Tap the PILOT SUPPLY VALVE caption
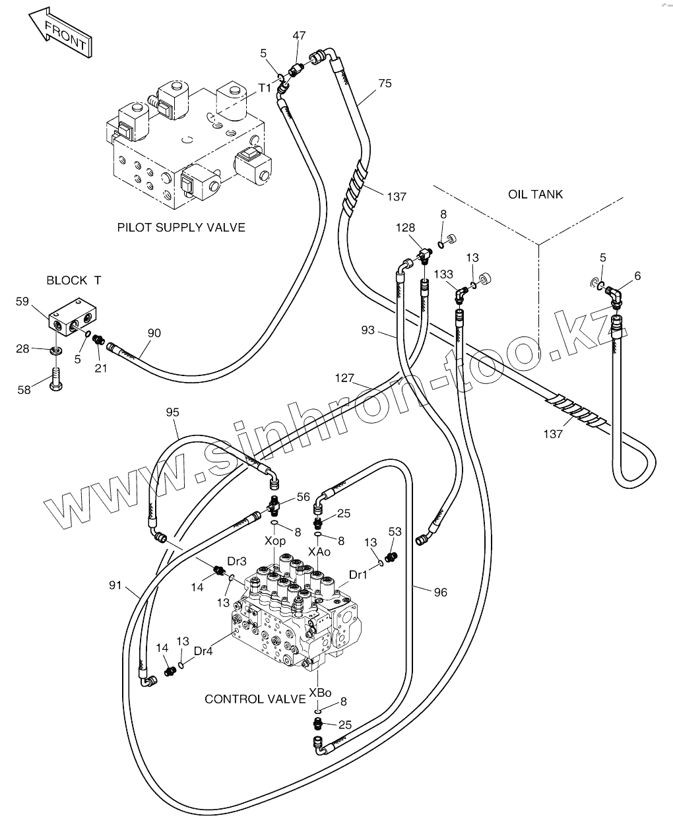[181, 228]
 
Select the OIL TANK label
[535, 194]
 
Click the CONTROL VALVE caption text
[255, 699]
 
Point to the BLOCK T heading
[73, 280]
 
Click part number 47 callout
[299, 36]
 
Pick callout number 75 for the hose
[385, 83]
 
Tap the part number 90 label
[154, 333]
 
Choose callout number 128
[405, 228]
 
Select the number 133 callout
[444, 274]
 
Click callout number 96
[440, 592]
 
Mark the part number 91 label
[115, 585]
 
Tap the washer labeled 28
[55, 349]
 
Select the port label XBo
[320, 693]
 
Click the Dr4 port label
[203, 651]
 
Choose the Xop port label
[275, 541]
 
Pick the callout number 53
[395, 532]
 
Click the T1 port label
[264, 88]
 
